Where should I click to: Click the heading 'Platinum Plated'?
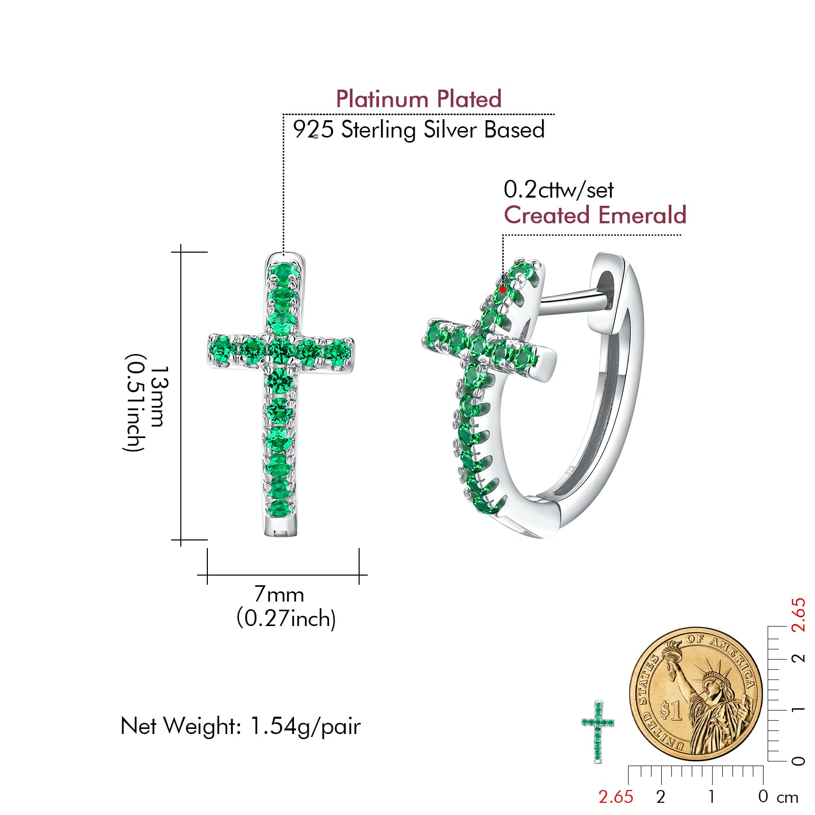[x=418, y=99]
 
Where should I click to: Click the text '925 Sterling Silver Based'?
[x=418, y=129]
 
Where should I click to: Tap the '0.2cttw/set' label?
[x=558, y=190]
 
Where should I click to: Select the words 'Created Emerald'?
[x=595, y=215]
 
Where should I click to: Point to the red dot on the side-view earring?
[x=503, y=289]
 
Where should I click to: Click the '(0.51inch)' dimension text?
[x=134, y=402]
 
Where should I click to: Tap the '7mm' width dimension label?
[x=279, y=594]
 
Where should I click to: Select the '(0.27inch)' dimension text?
[x=286, y=618]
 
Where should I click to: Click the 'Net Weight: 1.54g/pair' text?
[x=240, y=726]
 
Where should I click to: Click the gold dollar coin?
[x=696, y=694]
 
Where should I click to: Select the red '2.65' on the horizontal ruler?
[x=615, y=797]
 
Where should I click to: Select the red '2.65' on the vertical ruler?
[x=798, y=615]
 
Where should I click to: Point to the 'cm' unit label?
[x=787, y=798]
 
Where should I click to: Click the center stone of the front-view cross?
[x=280, y=350]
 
